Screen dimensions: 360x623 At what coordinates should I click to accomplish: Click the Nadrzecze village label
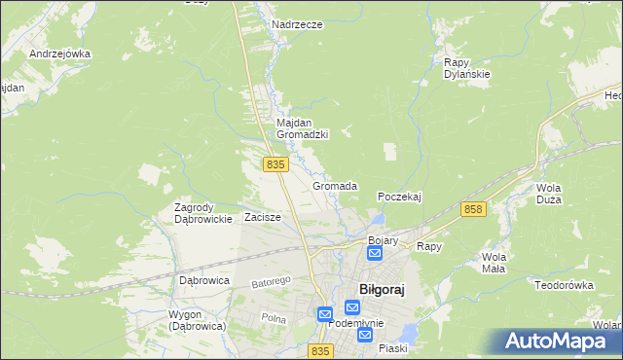tap(298, 24)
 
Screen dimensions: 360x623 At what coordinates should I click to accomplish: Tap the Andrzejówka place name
tap(59, 54)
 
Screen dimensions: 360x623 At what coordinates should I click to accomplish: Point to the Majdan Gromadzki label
tap(302, 128)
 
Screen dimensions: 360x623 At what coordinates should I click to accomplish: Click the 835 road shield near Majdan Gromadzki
tap(275, 165)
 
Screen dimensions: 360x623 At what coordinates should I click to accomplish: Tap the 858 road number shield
tap(474, 209)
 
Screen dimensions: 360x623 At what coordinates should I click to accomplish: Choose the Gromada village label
tap(335, 185)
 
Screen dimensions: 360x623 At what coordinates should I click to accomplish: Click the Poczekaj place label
tap(399, 197)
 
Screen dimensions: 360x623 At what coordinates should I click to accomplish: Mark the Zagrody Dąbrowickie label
tap(202, 213)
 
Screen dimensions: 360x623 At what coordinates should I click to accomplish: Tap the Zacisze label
tap(263, 217)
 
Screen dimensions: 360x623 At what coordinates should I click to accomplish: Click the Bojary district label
tap(384, 239)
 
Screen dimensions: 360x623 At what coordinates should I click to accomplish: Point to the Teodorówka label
tap(564, 285)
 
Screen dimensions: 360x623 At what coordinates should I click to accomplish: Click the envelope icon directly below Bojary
tap(375, 254)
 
